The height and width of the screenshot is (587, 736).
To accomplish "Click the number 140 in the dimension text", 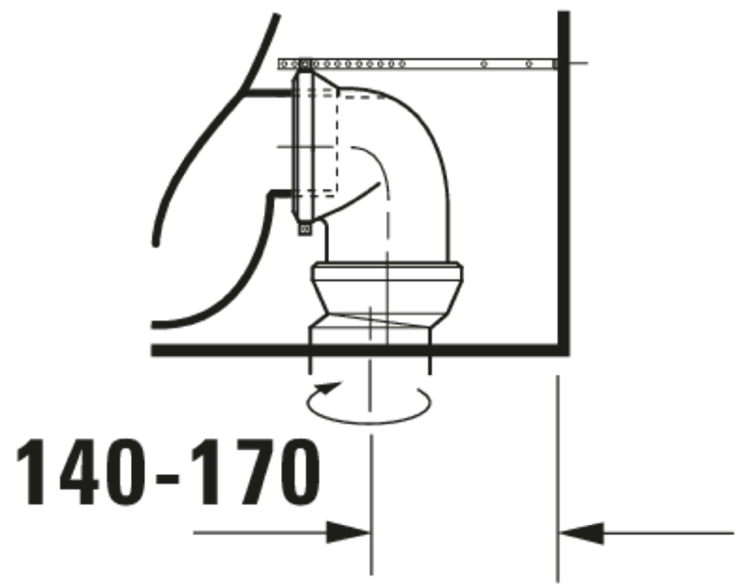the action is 81,472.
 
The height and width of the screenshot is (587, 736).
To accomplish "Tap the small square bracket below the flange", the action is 305,228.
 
